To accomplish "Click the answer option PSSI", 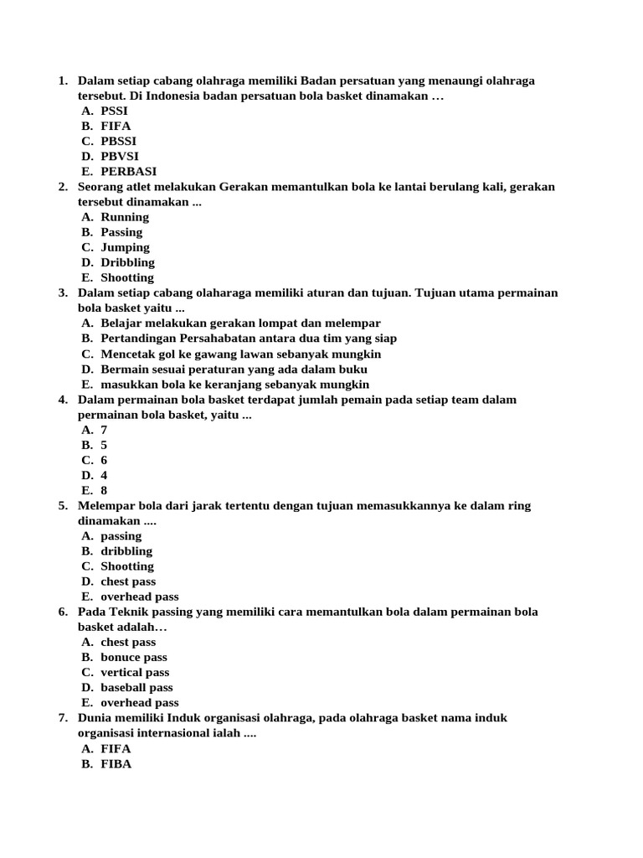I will tap(115, 111).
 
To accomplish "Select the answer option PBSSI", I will tap(118, 141).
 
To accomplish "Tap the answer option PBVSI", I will tap(120, 156).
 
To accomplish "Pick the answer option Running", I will tap(125, 217).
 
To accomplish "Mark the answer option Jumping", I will tap(125, 247).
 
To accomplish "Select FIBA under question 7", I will tap(116, 764).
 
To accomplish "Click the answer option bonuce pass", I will tap(134, 658).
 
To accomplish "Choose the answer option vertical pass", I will tap(135, 673).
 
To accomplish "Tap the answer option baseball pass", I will tap(136, 688).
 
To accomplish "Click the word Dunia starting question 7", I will tap(95, 718).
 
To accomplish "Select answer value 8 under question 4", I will tap(105, 491).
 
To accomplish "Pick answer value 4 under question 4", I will tap(105, 476).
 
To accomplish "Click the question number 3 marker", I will tap(63, 292).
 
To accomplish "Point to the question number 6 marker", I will tap(63, 612).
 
